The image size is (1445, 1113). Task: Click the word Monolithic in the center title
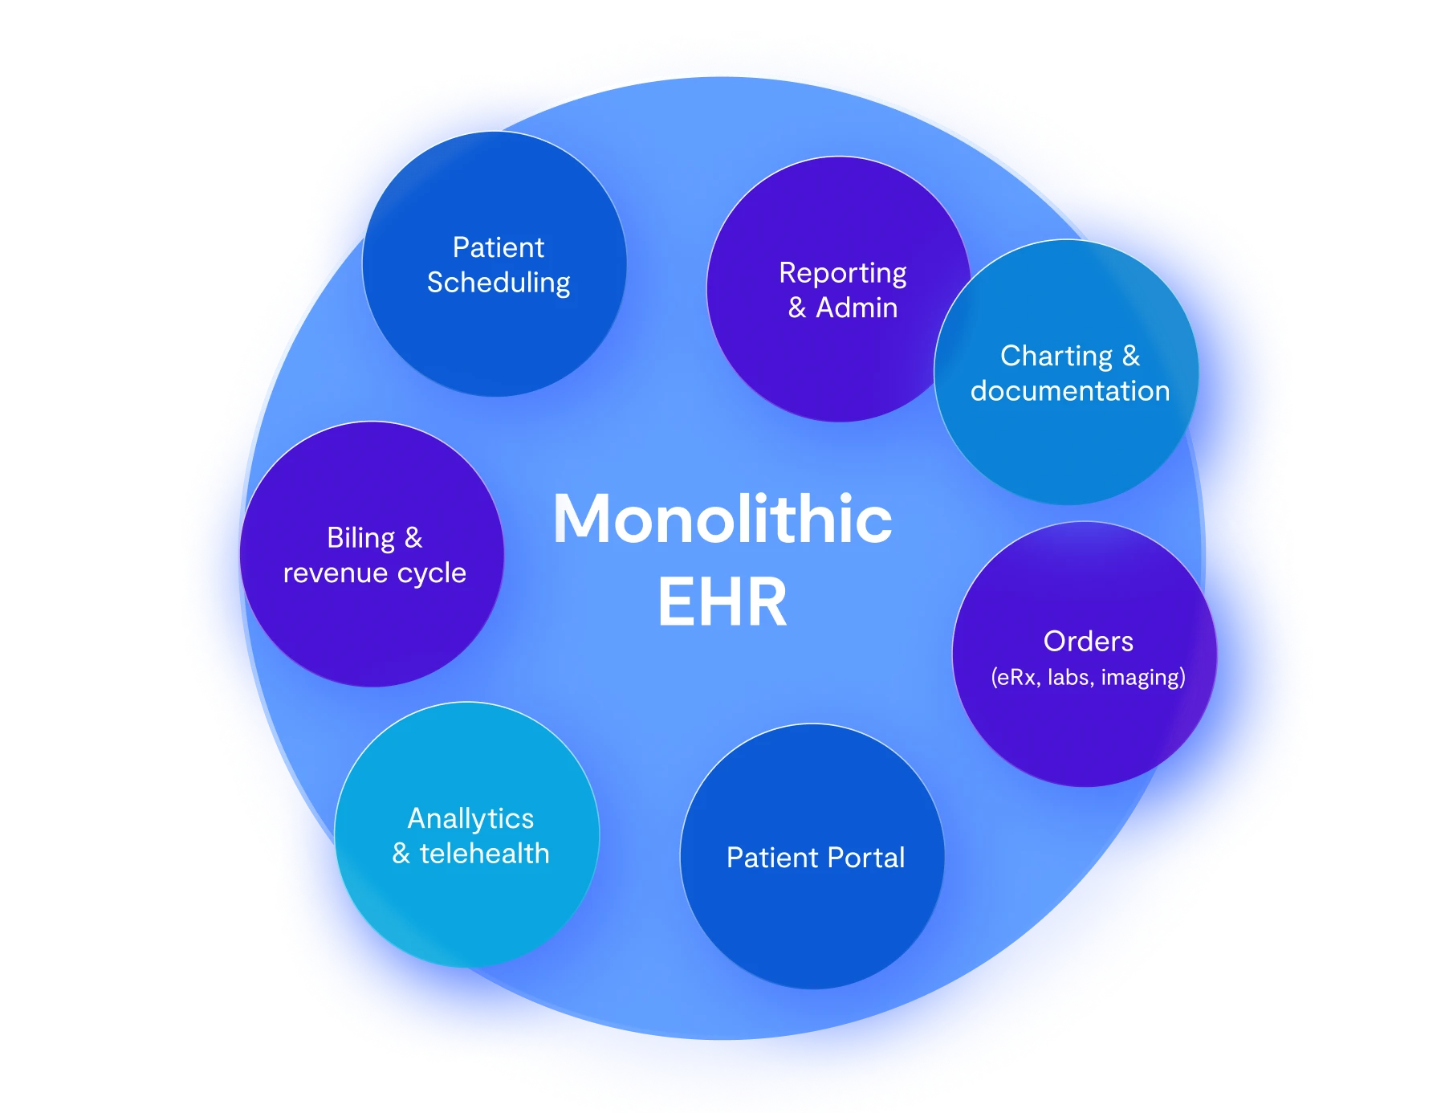coord(722,520)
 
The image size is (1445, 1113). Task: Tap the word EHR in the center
coord(722,602)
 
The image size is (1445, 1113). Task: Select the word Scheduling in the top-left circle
coord(499,283)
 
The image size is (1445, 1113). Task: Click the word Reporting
coord(843,274)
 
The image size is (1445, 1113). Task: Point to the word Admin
coord(857,308)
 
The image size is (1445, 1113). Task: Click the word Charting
coord(1056,356)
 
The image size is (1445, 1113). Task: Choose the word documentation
coord(1070,391)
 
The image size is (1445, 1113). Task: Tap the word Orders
coord(1089,642)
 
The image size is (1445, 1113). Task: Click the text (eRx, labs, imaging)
coord(1089,678)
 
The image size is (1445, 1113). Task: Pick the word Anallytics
coord(470,818)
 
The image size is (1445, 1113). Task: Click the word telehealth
coord(485,853)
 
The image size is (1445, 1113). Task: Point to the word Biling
coord(361,538)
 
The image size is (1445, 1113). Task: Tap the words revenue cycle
coord(375,573)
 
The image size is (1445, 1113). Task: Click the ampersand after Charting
coord(1131,356)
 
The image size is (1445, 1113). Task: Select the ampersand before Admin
coord(797,308)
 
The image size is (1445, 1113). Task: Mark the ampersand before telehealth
coord(401,853)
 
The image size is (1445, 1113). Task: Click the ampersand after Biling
coord(413,538)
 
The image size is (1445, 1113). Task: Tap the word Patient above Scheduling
coord(499,247)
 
